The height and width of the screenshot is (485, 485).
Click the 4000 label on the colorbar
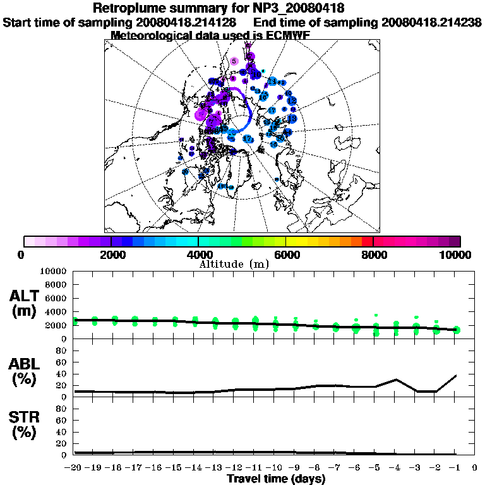click(x=198, y=254)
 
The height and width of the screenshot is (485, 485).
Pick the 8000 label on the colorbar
click(x=374, y=254)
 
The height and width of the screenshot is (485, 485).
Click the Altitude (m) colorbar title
click(x=234, y=263)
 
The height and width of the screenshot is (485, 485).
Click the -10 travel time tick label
click(x=275, y=468)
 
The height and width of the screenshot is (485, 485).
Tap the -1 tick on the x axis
click(x=455, y=468)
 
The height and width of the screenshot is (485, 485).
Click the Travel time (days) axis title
click(x=276, y=479)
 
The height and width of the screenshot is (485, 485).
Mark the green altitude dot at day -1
click(x=457, y=330)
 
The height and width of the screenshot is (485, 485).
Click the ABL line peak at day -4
click(x=396, y=380)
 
